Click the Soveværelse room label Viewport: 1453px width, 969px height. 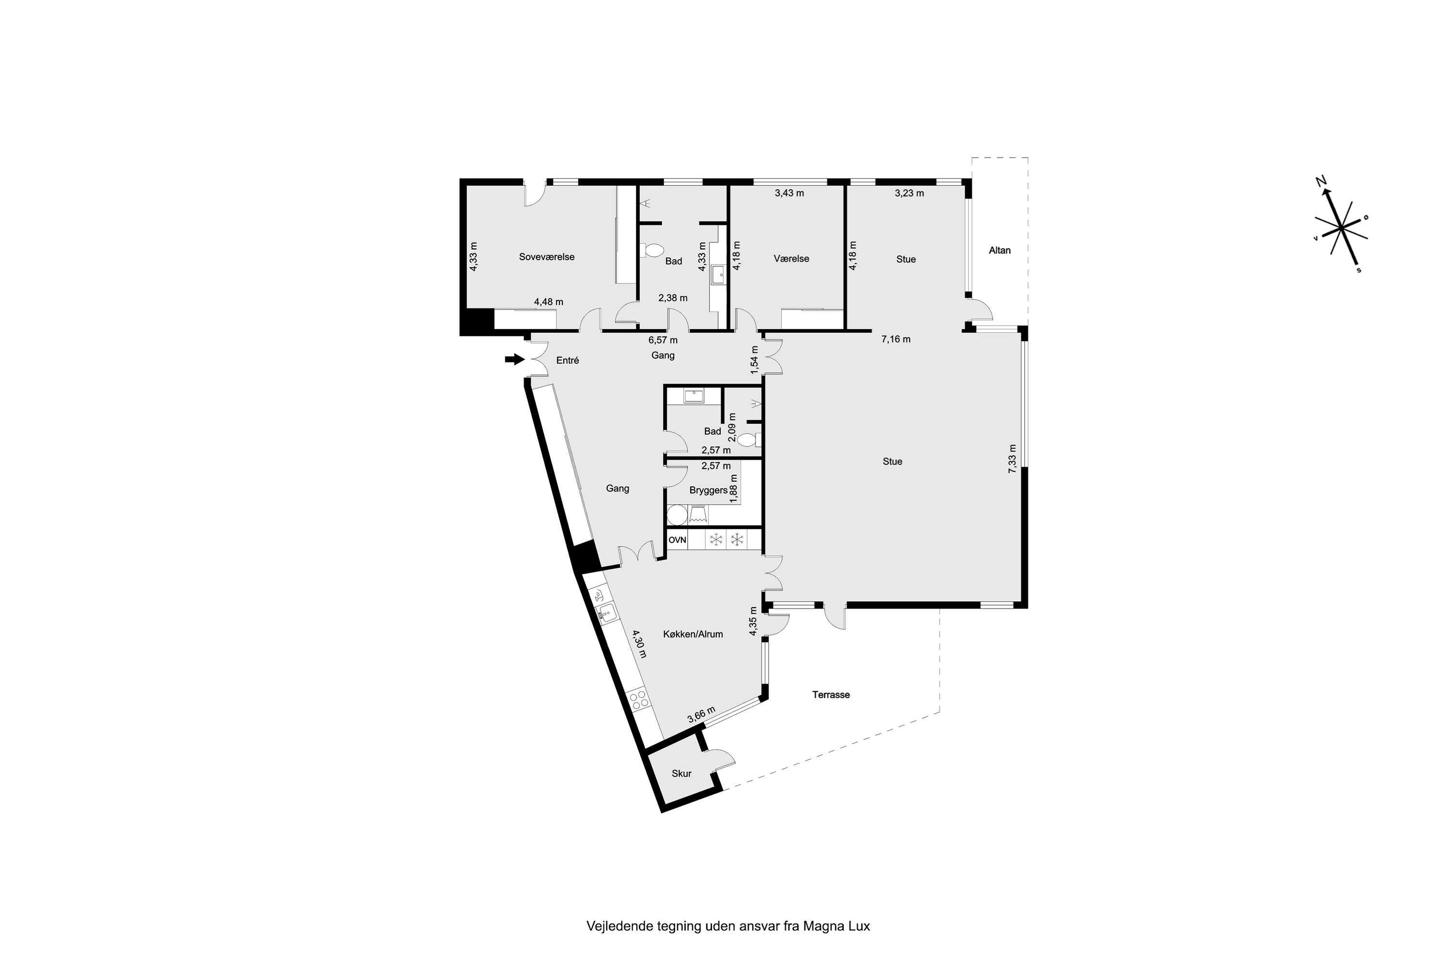click(x=547, y=257)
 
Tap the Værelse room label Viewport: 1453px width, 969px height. click(x=791, y=259)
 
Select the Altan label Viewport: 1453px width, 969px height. click(x=1000, y=250)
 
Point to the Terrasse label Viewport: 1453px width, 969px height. click(x=831, y=695)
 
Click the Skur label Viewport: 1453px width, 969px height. click(x=681, y=774)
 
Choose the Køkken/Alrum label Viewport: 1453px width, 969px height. click(x=693, y=634)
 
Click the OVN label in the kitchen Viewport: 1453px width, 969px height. click(x=678, y=540)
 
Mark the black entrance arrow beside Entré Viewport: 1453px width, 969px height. click(x=514, y=359)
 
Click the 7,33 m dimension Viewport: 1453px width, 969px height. click(x=1012, y=459)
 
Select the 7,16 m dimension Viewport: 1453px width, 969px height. click(x=896, y=339)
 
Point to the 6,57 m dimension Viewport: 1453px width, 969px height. click(x=663, y=340)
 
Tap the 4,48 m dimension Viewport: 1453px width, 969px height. click(x=549, y=302)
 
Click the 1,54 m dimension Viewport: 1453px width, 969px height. click(x=754, y=359)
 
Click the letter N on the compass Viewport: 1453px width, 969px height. click(x=1321, y=181)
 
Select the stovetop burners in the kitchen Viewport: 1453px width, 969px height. click(x=639, y=699)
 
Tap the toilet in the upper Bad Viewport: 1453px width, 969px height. click(x=651, y=250)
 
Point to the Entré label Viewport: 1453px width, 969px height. click(x=568, y=360)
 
